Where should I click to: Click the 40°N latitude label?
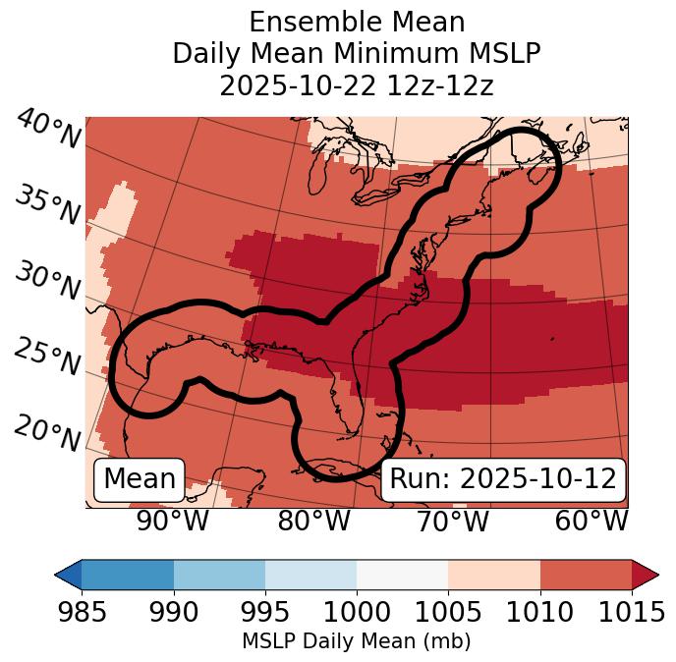click(x=47, y=131)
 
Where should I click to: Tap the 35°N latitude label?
click(x=47, y=205)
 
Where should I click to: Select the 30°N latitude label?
click(x=47, y=283)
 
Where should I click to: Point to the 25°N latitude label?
click(x=47, y=359)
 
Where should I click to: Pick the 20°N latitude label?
click(x=47, y=433)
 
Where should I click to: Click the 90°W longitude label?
click(x=173, y=522)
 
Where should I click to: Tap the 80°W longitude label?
click(x=313, y=522)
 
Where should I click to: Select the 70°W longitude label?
click(x=452, y=522)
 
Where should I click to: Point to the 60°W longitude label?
click(x=591, y=522)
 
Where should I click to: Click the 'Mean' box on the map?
click(x=140, y=479)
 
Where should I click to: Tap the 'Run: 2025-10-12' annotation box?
click(x=503, y=479)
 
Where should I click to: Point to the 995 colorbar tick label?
click(x=265, y=614)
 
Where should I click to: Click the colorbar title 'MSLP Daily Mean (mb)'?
click(x=356, y=642)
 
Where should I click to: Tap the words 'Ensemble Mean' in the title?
click(x=357, y=22)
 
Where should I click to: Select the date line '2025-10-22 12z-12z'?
click(x=357, y=85)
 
